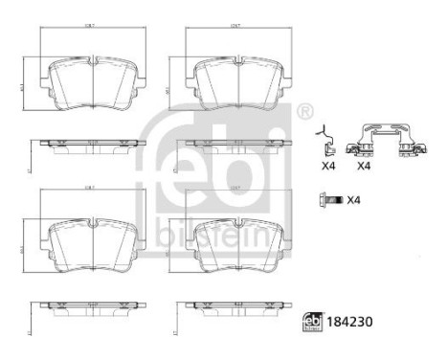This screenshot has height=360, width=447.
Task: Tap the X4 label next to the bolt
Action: (353, 200)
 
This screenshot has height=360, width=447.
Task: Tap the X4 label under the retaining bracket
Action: (364, 167)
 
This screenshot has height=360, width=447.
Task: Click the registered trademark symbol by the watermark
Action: (305, 112)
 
